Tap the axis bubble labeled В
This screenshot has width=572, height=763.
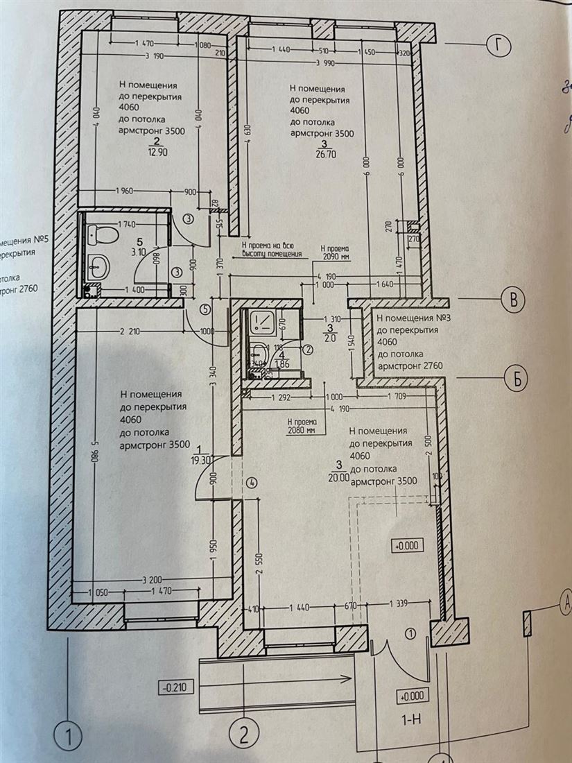(x=512, y=300)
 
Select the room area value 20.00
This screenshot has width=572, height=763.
(x=339, y=475)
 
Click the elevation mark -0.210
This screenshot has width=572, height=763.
(x=174, y=688)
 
